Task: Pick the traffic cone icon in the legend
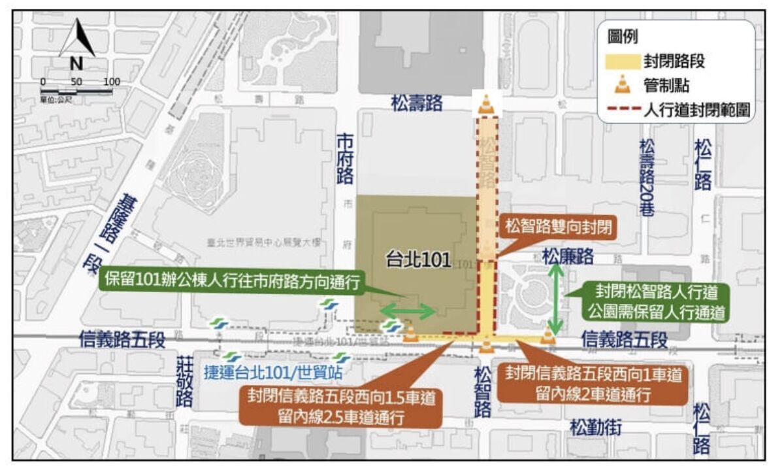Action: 623,84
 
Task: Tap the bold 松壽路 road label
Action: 417,102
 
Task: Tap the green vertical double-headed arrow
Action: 555,298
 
